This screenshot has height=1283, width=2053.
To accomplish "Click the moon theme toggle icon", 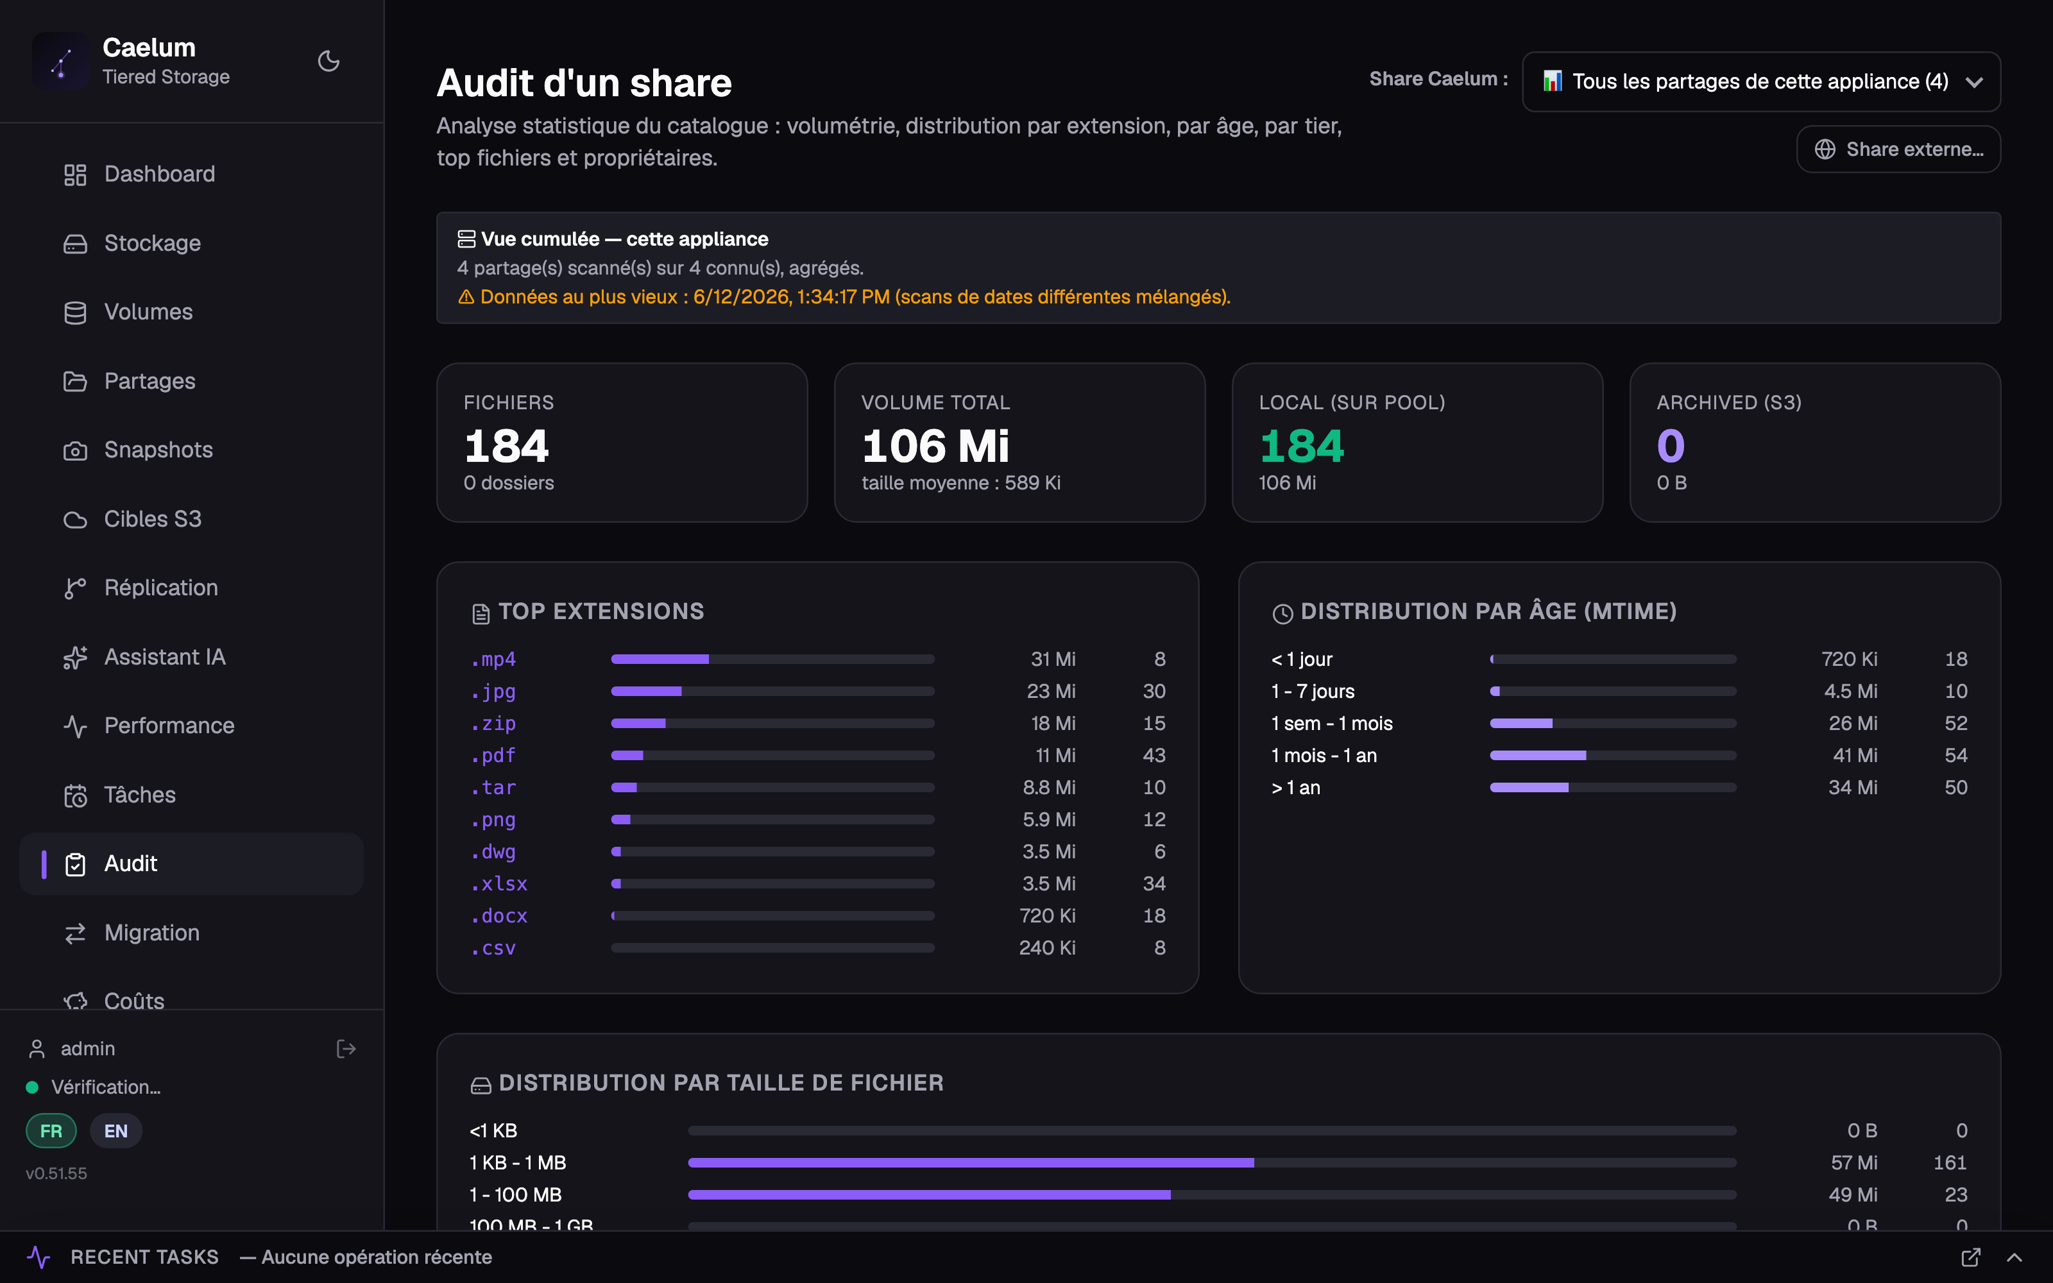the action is (328, 61).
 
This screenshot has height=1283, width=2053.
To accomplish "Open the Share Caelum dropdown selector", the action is (1761, 81).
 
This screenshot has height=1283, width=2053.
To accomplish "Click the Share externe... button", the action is (1898, 149).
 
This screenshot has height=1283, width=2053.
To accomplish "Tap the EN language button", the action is (115, 1130).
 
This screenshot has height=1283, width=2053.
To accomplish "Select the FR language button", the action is (51, 1130).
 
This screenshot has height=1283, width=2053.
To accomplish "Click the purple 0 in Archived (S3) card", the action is (1671, 446).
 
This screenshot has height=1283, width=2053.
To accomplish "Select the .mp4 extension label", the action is (494, 659).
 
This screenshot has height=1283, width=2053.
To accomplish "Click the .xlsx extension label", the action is (499, 884).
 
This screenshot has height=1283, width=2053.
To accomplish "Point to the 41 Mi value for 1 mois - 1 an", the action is (1855, 755).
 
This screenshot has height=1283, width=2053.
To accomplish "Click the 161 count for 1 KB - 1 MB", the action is (1950, 1162).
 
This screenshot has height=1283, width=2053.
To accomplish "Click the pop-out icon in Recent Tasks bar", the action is (1971, 1257).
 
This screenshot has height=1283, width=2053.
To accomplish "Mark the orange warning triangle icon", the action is (466, 297).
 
